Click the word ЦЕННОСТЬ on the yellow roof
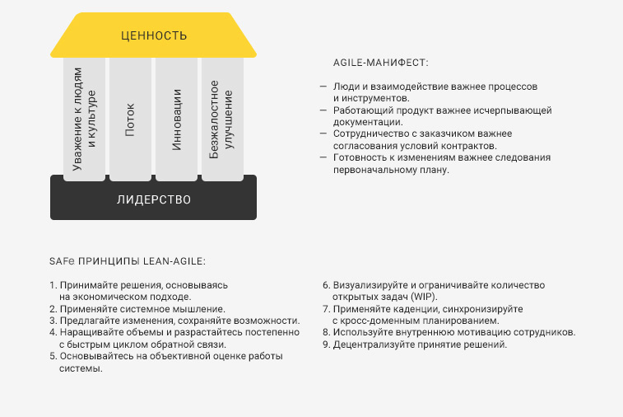tap(154, 35)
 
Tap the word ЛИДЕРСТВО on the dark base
tap(154, 199)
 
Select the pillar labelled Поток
tap(130, 119)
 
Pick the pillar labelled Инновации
tap(176, 119)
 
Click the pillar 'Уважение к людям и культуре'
tap(84, 119)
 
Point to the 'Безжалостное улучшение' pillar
tap(222, 119)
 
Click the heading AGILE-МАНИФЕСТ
tap(381, 63)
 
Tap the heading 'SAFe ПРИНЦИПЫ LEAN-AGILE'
tap(128, 261)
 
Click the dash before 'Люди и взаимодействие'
tap(323, 86)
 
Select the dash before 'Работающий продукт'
tap(323, 110)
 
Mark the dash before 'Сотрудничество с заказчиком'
tap(323, 134)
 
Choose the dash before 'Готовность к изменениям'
tap(323, 157)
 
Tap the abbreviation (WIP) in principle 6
tap(424, 297)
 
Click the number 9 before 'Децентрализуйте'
tap(326, 344)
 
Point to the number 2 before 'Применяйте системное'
tap(53, 309)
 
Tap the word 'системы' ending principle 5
tap(81, 368)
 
